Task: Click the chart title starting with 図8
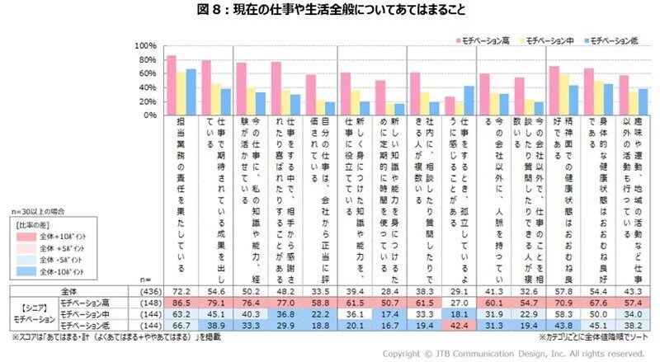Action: point(330,10)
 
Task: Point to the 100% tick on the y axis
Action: point(145,45)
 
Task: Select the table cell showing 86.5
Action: point(180,303)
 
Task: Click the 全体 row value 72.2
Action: point(180,292)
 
